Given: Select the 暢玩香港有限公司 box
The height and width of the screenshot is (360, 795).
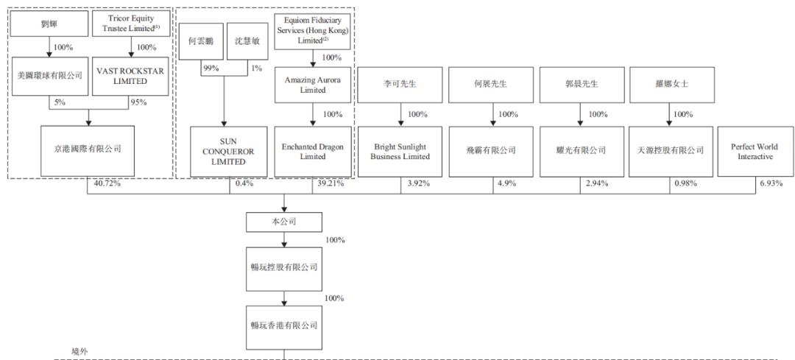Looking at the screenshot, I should (x=284, y=325).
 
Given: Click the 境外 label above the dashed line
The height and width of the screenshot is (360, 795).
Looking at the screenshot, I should (x=79, y=353).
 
